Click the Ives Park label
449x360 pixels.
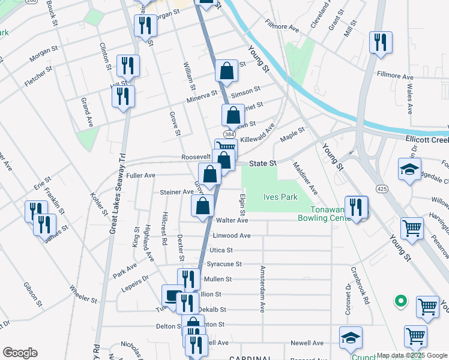click(x=280, y=197)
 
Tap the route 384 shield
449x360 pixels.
click(x=229, y=135)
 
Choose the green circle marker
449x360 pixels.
click(x=399, y=300)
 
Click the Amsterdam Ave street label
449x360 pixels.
click(x=262, y=290)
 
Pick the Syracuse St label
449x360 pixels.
click(x=224, y=264)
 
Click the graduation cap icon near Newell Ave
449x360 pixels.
click(x=351, y=338)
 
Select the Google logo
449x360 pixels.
click(x=19, y=353)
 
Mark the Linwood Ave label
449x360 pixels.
click(x=232, y=235)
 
